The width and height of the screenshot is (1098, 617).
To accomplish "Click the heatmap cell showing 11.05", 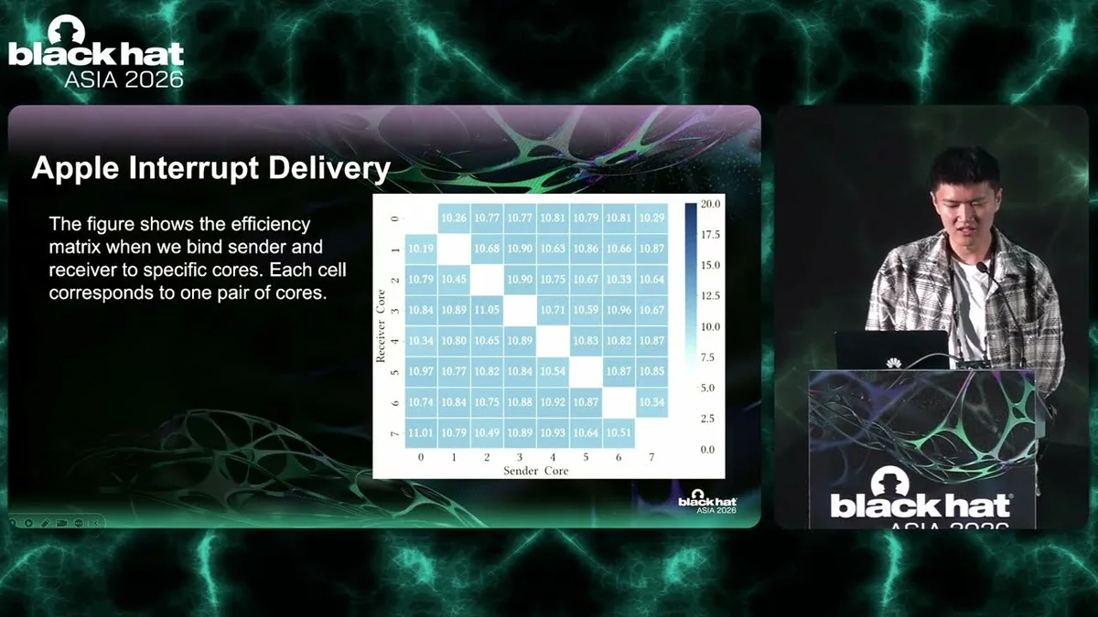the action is pyautogui.click(x=487, y=310).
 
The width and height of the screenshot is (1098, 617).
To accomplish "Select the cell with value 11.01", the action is pyautogui.click(x=421, y=433).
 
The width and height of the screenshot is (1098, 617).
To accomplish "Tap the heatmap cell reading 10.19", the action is pyautogui.click(x=421, y=249).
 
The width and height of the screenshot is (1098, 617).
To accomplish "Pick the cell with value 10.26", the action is pyautogui.click(x=454, y=218).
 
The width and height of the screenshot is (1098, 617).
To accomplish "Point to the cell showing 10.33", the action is pyautogui.click(x=619, y=279).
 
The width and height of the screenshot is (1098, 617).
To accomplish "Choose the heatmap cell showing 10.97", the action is pyautogui.click(x=421, y=371).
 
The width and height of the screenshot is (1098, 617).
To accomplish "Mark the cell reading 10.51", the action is pyautogui.click(x=619, y=433).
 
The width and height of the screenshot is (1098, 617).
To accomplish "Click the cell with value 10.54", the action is pyautogui.click(x=553, y=371).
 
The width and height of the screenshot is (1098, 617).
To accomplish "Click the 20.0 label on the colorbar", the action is pyautogui.click(x=711, y=204).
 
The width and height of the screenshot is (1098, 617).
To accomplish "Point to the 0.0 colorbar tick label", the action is pyautogui.click(x=708, y=450).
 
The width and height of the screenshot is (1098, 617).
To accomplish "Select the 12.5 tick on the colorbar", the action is pyautogui.click(x=711, y=296).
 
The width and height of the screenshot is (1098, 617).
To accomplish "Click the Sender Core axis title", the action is pyautogui.click(x=536, y=471).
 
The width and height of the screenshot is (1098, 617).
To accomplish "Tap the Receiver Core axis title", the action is pyautogui.click(x=381, y=325).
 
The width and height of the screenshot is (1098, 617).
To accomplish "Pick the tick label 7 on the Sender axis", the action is pyautogui.click(x=651, y=457).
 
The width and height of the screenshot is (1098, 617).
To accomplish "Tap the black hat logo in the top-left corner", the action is pyautogui.click(x=96, y=51).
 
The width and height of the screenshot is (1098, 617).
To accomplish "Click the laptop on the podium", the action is pyautogui.click(x=892, y=349).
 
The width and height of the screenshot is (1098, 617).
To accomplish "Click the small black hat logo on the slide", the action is pyautogui.click(x=707, y=502).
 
